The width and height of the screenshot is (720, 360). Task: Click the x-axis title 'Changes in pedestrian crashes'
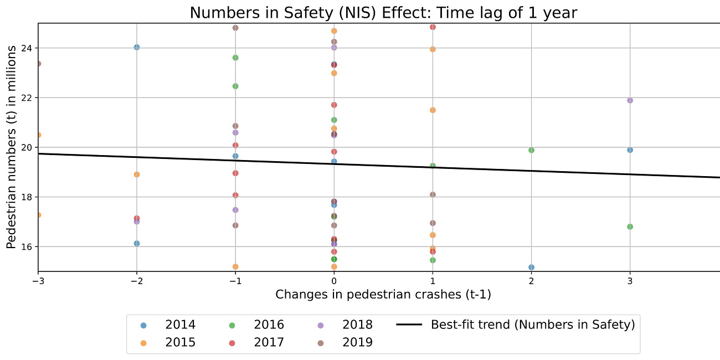click(x=383, y=295)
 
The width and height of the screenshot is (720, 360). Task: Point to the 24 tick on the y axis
click(x=27, y=48)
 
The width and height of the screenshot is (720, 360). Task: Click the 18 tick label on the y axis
click(x=27, y=197)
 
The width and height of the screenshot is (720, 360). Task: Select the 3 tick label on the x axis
click(x=630, y=281)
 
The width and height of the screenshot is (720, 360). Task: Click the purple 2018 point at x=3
click(x=630, y=100)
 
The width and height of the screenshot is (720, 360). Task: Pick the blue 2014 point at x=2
click(x=531, y=267)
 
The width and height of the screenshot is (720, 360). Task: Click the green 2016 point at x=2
click(x=531, y=150)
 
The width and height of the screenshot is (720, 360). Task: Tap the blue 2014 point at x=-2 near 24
click(x=137, y=47)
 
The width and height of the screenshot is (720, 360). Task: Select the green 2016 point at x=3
click(x=630, y=227)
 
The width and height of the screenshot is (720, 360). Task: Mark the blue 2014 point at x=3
click(x=630, y=150)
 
